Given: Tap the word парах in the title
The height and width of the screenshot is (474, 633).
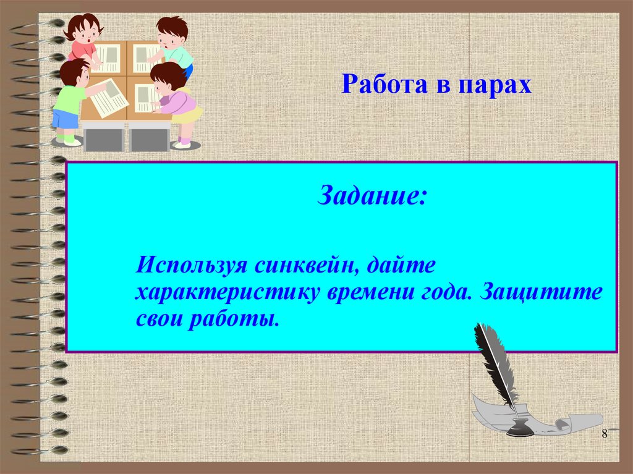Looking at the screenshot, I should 495,85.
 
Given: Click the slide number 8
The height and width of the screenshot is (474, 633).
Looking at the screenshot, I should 605,433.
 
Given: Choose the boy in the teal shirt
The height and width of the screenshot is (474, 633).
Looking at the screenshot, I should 174,46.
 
